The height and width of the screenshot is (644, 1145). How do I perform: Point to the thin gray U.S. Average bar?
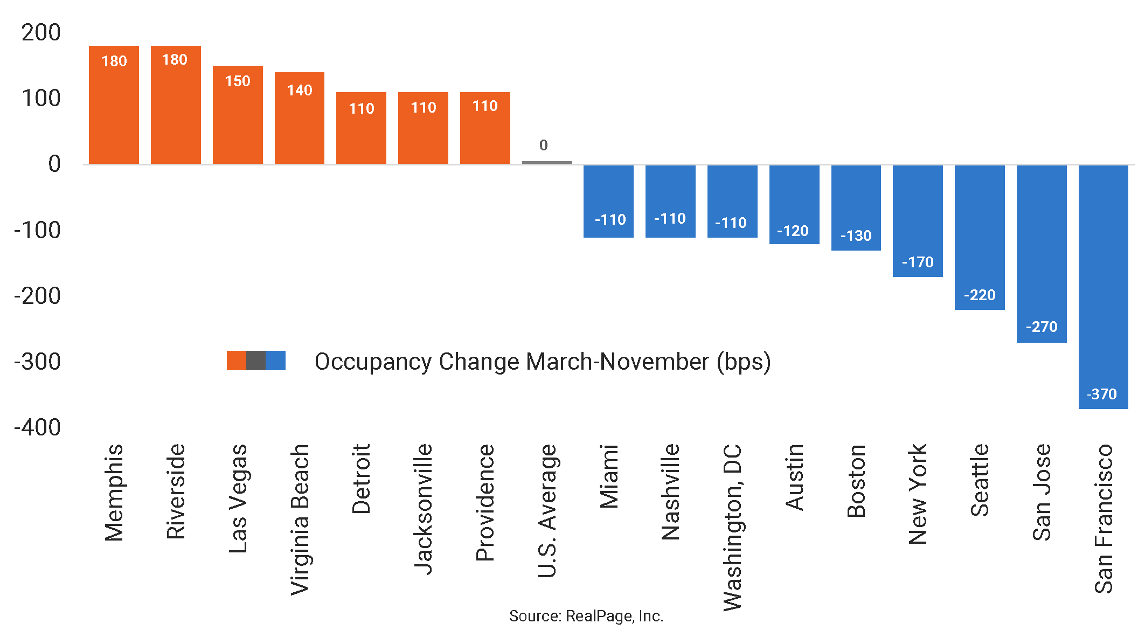coord(547,162)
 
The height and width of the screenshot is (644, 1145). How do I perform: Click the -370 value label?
coord(1102,394)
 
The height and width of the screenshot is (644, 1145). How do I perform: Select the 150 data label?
coord(238,81)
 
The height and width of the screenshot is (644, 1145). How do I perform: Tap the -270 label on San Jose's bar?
coord(1042,327)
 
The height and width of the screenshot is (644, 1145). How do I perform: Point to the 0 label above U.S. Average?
coord(544,145)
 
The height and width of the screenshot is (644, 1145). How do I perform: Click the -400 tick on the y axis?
coord(38,427)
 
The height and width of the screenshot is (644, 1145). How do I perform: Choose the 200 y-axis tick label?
coord(41,32)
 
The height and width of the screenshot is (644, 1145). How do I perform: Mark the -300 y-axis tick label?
coord(38,361)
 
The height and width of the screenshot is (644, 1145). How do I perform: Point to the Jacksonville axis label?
coord(424,509)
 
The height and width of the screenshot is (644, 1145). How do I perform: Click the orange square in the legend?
coord(237,361)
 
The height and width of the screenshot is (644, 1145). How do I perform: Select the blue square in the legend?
coord(275,361)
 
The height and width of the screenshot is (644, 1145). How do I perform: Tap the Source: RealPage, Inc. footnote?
coord(586,616)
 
